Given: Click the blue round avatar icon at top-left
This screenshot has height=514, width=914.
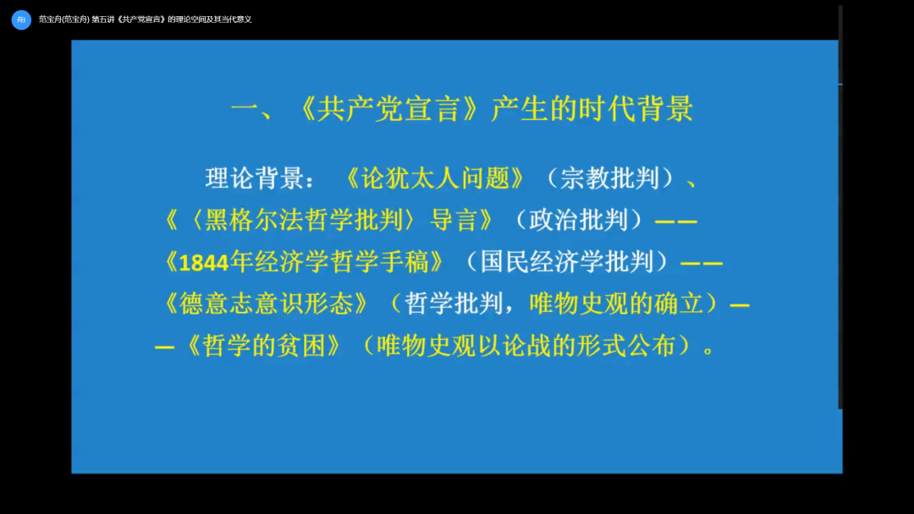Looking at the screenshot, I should click(21, 19).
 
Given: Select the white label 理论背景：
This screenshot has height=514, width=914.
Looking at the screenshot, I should click(260, 178).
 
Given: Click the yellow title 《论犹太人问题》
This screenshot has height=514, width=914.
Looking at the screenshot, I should click(436, 178).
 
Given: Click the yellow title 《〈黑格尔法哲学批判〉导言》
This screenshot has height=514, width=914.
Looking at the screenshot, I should click(330, 220).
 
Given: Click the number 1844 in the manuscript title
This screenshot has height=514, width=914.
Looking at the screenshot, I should click(204, 263).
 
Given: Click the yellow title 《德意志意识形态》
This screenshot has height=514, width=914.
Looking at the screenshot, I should click(264, 303).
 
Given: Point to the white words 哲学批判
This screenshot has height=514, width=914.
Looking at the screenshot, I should click(454, 303).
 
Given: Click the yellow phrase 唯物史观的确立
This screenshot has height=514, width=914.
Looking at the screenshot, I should click(617, 303).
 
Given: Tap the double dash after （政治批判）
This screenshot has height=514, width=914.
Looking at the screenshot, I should click(675, 221).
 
